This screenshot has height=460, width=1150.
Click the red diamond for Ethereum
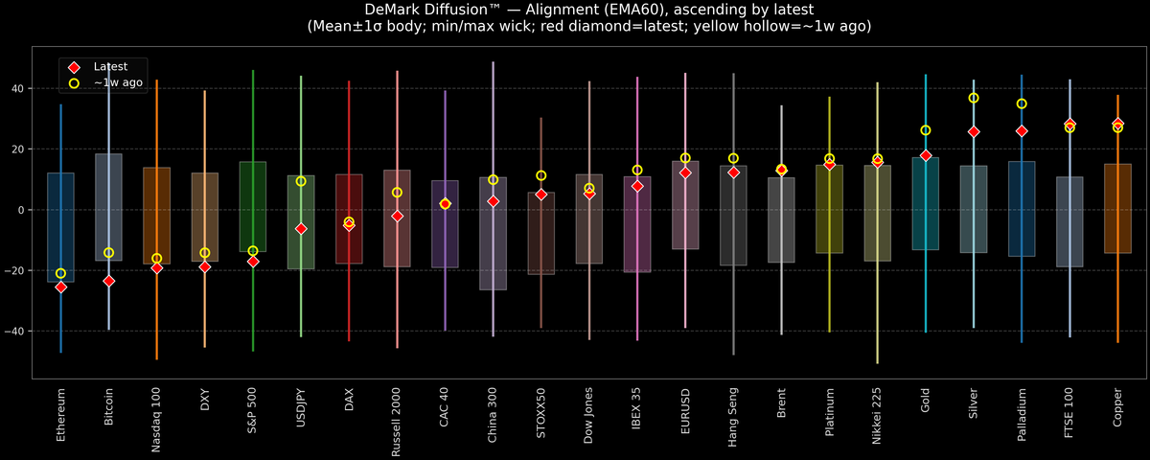60,287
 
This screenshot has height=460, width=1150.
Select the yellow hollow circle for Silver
974,98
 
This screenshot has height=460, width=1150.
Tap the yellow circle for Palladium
1022,103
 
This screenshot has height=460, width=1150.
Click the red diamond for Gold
926,155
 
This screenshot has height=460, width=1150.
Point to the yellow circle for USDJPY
301,181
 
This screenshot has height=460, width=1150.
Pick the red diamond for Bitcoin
108,281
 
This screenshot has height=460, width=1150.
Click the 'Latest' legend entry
110,66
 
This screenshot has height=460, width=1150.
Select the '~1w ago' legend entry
118,83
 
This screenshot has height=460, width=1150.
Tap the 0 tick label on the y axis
22,210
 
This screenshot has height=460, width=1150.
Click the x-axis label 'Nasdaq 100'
156,418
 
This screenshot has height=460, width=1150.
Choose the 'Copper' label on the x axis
1117,407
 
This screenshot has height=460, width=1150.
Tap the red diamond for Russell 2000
397,217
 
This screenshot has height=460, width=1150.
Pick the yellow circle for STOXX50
541,175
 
